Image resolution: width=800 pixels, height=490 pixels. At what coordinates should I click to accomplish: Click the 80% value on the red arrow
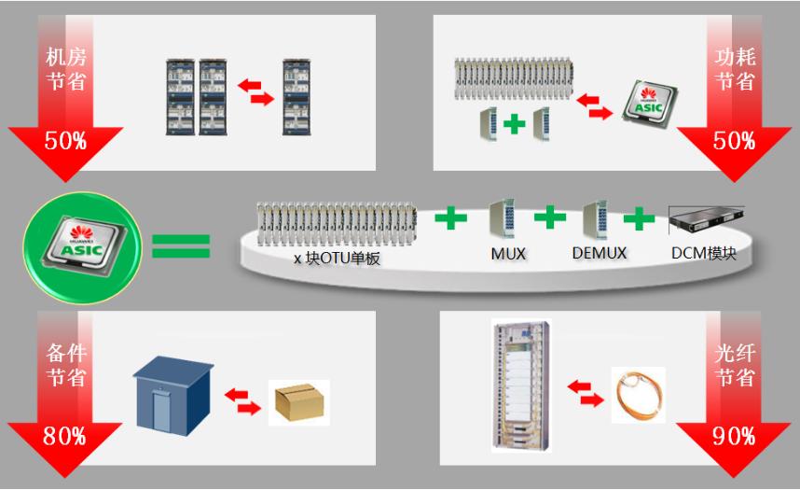point(65,436)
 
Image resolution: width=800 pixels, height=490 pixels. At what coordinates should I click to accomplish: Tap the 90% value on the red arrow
point(734,436)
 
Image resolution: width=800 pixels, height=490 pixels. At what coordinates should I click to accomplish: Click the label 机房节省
point(65,70)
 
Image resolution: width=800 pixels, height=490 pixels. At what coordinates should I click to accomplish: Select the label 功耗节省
point(735,70)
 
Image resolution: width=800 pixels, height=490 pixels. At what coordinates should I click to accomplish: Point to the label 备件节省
point(65,366)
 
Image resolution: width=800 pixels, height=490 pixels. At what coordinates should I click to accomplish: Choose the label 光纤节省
point(735,366)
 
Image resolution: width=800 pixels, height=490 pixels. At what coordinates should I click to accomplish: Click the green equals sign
point(181,245)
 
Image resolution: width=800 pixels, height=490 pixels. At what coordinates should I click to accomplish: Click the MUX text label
point(508,254)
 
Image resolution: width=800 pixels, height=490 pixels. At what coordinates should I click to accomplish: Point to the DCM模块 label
point(704,254)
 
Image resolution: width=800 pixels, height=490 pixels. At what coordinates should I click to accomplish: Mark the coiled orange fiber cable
point(639,395)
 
